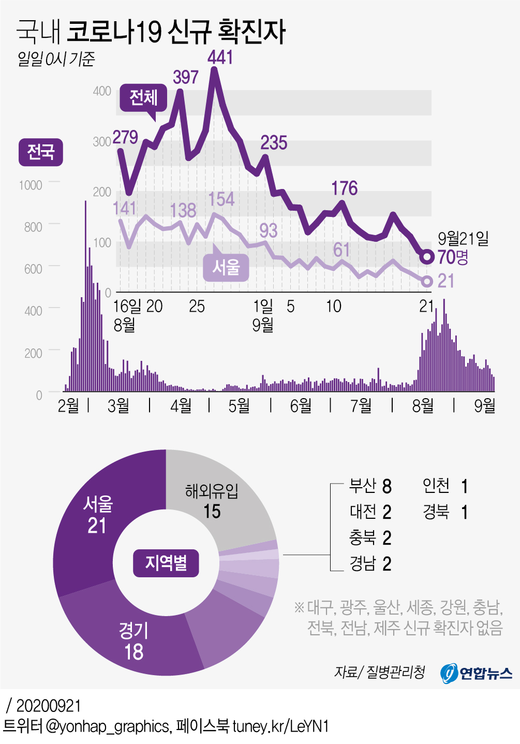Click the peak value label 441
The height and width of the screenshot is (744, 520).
click(x=220, y=57)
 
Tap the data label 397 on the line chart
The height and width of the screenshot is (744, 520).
click(x=186, y=77)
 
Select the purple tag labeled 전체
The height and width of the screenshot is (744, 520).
click(x=143, y=97)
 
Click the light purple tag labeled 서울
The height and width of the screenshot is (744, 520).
click(x=226, y=268)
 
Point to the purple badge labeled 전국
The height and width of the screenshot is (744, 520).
click(x=40, y=152)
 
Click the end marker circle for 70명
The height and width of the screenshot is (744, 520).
click(x=427, y=257)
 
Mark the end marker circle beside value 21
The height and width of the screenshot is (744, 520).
click(x=427, y=281)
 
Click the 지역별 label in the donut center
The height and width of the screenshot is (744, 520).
click(x=166, y=563)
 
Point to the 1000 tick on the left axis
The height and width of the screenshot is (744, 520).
click(x=31, y=185)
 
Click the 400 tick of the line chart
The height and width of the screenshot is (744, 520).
click(x=102, y=91)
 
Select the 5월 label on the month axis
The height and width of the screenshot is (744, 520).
click(x=239, y=405)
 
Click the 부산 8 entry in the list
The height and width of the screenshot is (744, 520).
click(x=370, y=486)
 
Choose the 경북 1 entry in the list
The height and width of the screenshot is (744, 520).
click(x=445, y=512)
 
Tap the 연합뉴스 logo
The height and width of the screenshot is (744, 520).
click(x=476, y=673)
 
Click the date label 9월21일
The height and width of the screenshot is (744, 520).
click(x=463, y=238)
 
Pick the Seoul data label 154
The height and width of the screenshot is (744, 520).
click(x=221, y=199)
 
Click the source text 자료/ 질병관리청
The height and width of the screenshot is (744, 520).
click(x=379, y=672)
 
